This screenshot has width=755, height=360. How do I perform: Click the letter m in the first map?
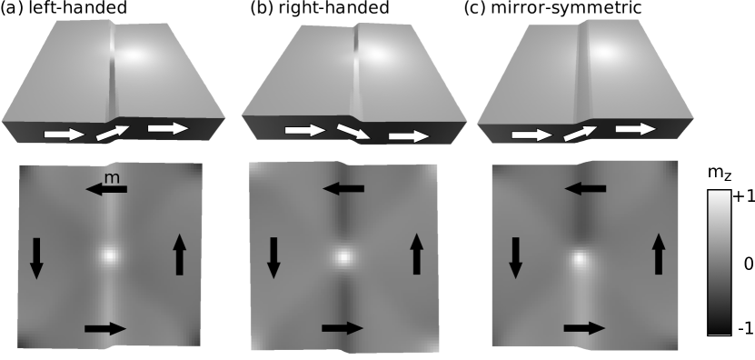pos(111,178)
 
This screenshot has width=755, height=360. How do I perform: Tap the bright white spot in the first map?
pos(109,255)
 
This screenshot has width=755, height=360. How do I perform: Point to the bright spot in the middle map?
pos(343,256)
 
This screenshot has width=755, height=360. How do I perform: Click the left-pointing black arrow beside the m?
pos(106,189)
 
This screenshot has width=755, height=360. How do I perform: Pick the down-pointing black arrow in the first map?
pos(36,257)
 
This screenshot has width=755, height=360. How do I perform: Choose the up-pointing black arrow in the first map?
pos(180,254)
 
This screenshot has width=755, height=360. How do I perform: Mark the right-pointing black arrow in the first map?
pos(104,328)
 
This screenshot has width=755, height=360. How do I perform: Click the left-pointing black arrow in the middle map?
pos(343,189)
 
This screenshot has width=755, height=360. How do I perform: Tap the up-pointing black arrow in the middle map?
pos(417,254)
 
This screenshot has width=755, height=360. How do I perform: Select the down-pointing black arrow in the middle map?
pos(273,257)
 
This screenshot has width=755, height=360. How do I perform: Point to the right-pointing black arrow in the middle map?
pos(342,327)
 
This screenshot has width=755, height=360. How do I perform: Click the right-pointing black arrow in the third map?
pos(583,327)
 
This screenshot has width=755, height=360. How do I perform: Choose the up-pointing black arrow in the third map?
pos(659,253)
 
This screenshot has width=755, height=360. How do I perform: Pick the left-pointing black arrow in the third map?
pos(585,188)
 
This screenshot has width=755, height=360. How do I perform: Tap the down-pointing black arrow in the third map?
pos(515,257)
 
